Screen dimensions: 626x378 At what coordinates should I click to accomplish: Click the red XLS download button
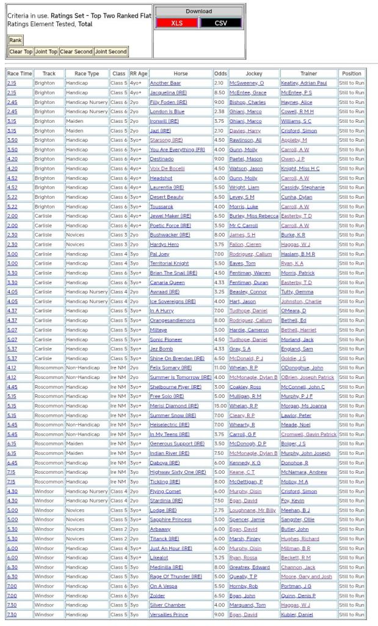pos(176,23)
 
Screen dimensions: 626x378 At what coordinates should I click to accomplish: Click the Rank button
pos(15,40)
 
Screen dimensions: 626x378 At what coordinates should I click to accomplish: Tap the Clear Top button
pos(21,52)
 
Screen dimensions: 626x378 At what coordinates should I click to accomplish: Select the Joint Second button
pos(111,52)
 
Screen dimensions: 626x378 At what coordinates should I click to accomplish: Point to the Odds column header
pos(220,73)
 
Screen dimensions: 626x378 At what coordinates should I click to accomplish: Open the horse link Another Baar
pos(165,83)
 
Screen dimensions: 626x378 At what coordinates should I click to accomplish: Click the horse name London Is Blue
pos(167,112)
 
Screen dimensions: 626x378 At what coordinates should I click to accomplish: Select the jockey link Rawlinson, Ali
pos(245,140)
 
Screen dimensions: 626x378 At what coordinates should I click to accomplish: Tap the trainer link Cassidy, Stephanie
pos(302,187)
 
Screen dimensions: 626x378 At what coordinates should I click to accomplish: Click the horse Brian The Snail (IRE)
pos(173,273)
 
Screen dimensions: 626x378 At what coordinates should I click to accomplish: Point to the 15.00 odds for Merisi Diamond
pos(220,405)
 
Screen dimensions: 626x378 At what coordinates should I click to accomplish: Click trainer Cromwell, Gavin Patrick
pos(309,434)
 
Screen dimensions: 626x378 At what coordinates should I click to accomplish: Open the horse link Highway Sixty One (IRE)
pos(178,472)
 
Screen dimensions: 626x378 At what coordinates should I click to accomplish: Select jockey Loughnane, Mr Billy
pos(252,510)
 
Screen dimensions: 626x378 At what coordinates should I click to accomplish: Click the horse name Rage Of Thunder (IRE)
pos(176,576)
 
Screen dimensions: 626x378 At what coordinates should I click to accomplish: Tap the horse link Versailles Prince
pos(170,614)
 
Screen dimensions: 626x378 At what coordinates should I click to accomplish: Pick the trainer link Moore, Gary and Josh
pos(307,576)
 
